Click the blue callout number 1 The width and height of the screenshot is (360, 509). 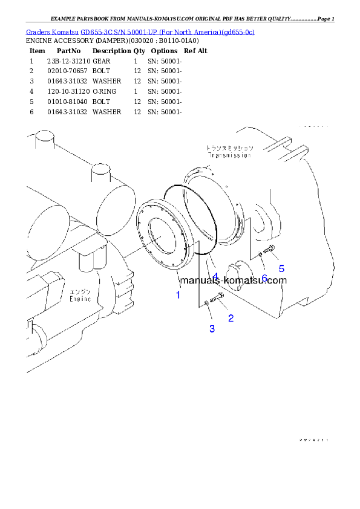[178, 295]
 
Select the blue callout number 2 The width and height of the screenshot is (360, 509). [231, 317]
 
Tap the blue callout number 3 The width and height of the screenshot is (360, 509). [212, 329]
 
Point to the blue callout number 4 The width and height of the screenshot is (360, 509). [215, 276]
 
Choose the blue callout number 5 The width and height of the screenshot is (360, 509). [281, 268]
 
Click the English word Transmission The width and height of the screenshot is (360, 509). [229, 155]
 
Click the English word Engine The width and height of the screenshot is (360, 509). [80, 299]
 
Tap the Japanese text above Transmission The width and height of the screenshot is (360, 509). [230, 148]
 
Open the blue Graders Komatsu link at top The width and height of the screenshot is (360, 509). [140, 31]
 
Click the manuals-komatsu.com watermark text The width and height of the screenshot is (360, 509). [234, 280]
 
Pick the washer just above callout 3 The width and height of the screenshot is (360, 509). [207, 302]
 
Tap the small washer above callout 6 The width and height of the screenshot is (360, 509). [260, 254]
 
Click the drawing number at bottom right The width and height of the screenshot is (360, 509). [313, 440]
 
